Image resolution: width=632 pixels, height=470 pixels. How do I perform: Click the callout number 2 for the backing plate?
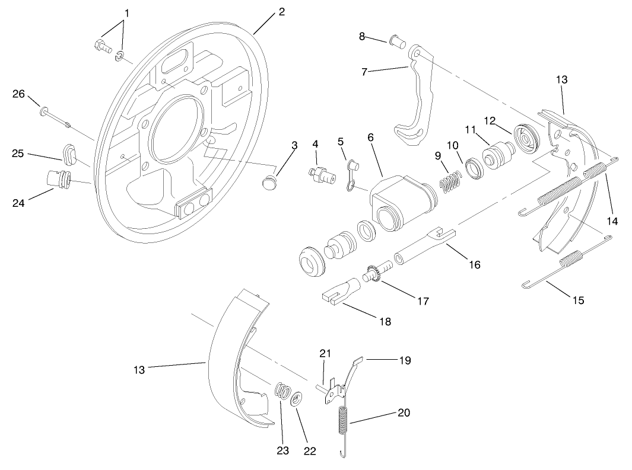(281, 12)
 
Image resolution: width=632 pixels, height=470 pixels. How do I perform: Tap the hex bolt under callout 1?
(100, 46)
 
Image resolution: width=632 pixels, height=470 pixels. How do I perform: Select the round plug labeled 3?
(270, 181)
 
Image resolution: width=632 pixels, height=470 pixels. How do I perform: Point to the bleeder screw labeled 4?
(319, 174)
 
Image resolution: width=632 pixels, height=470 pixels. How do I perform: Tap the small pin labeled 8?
(397, 43)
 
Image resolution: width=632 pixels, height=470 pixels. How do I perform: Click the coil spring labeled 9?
(450, 180)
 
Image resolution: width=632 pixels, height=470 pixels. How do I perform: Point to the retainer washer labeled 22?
(296, 398)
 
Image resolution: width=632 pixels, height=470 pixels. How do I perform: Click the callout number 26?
(20, 94)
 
